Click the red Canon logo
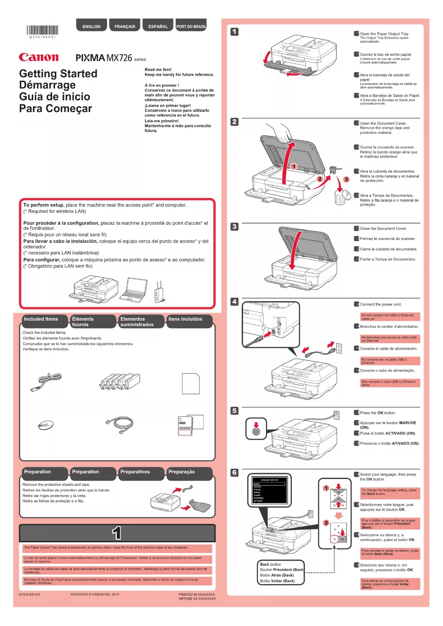coord(39,57)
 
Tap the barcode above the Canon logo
coord(42,30)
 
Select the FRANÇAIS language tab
coord(125,26)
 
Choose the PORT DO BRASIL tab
coord(191,26)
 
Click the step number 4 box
coord(234,302)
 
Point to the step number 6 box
coord(234,473)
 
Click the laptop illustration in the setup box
coord(134,290)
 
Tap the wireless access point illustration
coord(158,292)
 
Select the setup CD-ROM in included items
coord(46,425)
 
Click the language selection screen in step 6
coord(269,490)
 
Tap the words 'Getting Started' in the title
coord(58,74)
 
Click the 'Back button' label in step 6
coord(270,564)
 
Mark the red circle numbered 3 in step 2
coord(346,179)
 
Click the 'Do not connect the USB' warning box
coord(390,317)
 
